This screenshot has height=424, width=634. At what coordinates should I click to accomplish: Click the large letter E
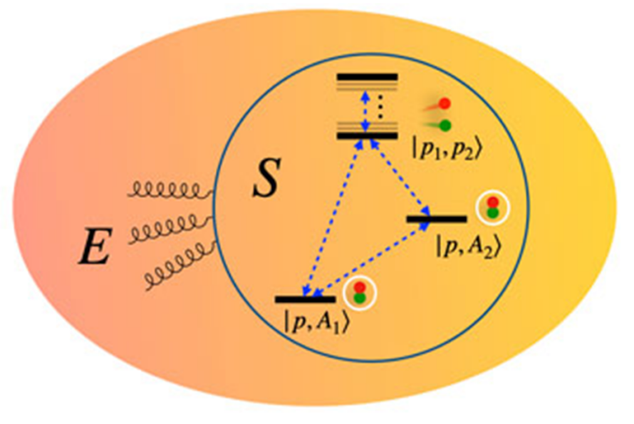[95, 246]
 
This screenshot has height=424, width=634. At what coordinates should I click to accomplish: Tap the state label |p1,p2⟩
[447, 151]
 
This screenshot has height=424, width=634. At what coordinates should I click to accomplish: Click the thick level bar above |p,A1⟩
[306, 299]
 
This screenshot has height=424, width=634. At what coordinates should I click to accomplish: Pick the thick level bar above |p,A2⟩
[437, 219]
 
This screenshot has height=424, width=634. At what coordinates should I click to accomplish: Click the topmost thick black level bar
[368, 77]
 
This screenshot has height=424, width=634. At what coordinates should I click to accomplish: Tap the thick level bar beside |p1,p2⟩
[368, 136]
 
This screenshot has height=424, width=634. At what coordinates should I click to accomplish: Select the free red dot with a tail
[444, 103]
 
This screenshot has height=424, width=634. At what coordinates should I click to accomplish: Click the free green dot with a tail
[444, 125]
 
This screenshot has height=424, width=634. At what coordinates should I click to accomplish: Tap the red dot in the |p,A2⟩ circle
[492, 202]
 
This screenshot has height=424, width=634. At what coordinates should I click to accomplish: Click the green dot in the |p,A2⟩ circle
[492, 213]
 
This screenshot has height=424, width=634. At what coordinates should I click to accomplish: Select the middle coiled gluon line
[172, 228]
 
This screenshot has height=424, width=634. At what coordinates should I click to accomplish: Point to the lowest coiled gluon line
[181, 265]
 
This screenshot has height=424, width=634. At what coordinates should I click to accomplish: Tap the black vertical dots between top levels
[379, 107]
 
